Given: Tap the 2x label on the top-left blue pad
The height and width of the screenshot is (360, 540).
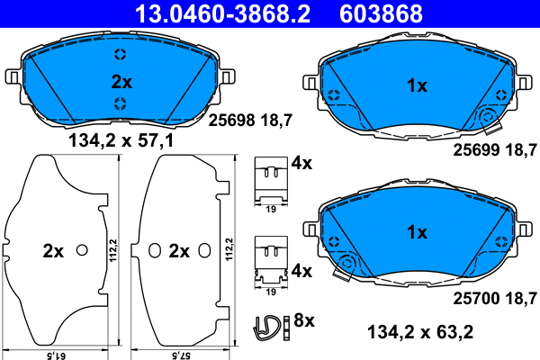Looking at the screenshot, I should (x=121, y=81).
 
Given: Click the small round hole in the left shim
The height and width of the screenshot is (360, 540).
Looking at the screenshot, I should (x=82, y=250).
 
